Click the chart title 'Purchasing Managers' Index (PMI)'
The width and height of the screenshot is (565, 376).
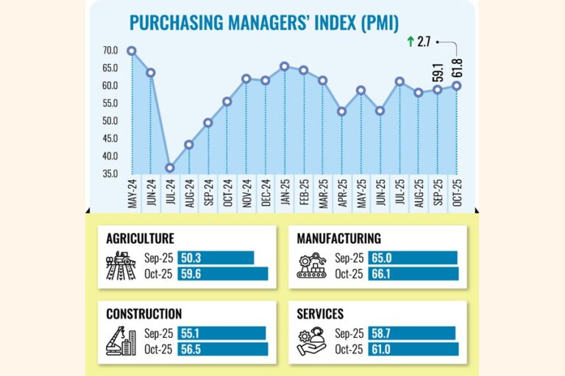[264, 22]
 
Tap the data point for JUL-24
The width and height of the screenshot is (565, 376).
[170, 167]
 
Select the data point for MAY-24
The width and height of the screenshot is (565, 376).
[132, 51]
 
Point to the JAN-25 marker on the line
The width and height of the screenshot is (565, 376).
[285, 66]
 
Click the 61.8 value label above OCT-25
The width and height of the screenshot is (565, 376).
[458, 65]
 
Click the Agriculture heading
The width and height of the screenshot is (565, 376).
[140, 239]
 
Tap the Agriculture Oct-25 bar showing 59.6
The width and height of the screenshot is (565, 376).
[222, 274]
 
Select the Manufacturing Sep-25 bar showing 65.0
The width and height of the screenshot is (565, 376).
[413, 258]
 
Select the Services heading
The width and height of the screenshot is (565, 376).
[320, 314]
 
